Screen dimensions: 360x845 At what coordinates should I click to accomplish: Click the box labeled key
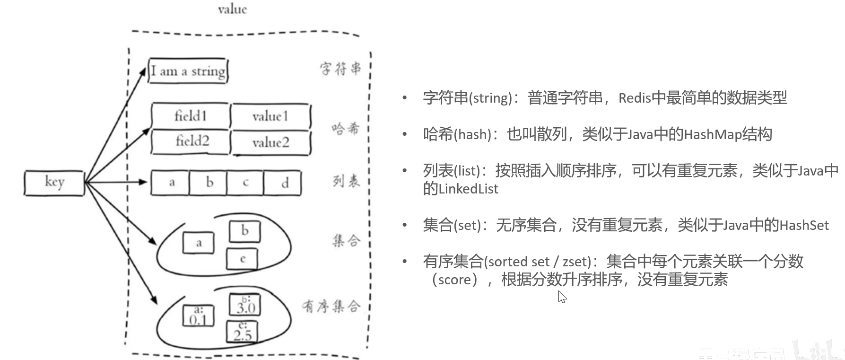tap(54, 183)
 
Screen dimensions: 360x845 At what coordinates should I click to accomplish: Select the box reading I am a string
tap(188, 71)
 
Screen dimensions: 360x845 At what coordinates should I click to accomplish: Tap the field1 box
tap(190, 116)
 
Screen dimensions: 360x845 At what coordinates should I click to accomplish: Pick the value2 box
tap(270, 142)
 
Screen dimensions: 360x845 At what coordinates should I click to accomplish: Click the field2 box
tap(192, 141)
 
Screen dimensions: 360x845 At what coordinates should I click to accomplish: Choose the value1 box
tap(270, 116)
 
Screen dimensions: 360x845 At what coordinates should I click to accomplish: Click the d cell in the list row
tap(284, 183)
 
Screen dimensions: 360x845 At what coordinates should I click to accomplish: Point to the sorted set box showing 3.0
tap(245, 305)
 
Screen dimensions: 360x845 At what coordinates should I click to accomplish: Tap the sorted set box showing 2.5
tap(242, 332)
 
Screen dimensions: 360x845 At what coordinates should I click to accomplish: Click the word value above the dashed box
tap(232, 9)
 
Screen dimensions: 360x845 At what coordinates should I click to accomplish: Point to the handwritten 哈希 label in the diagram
tap(345, 128)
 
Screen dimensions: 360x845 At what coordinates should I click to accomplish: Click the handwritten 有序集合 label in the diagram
tap(331, 307)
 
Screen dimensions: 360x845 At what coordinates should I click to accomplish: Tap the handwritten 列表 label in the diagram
tap(346, 181)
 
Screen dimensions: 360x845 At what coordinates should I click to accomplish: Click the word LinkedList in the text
tap(468, 189)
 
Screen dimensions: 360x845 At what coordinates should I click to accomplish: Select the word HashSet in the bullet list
tap(804, 225)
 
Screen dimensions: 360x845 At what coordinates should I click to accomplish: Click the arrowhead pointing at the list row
tap(143, 182)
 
